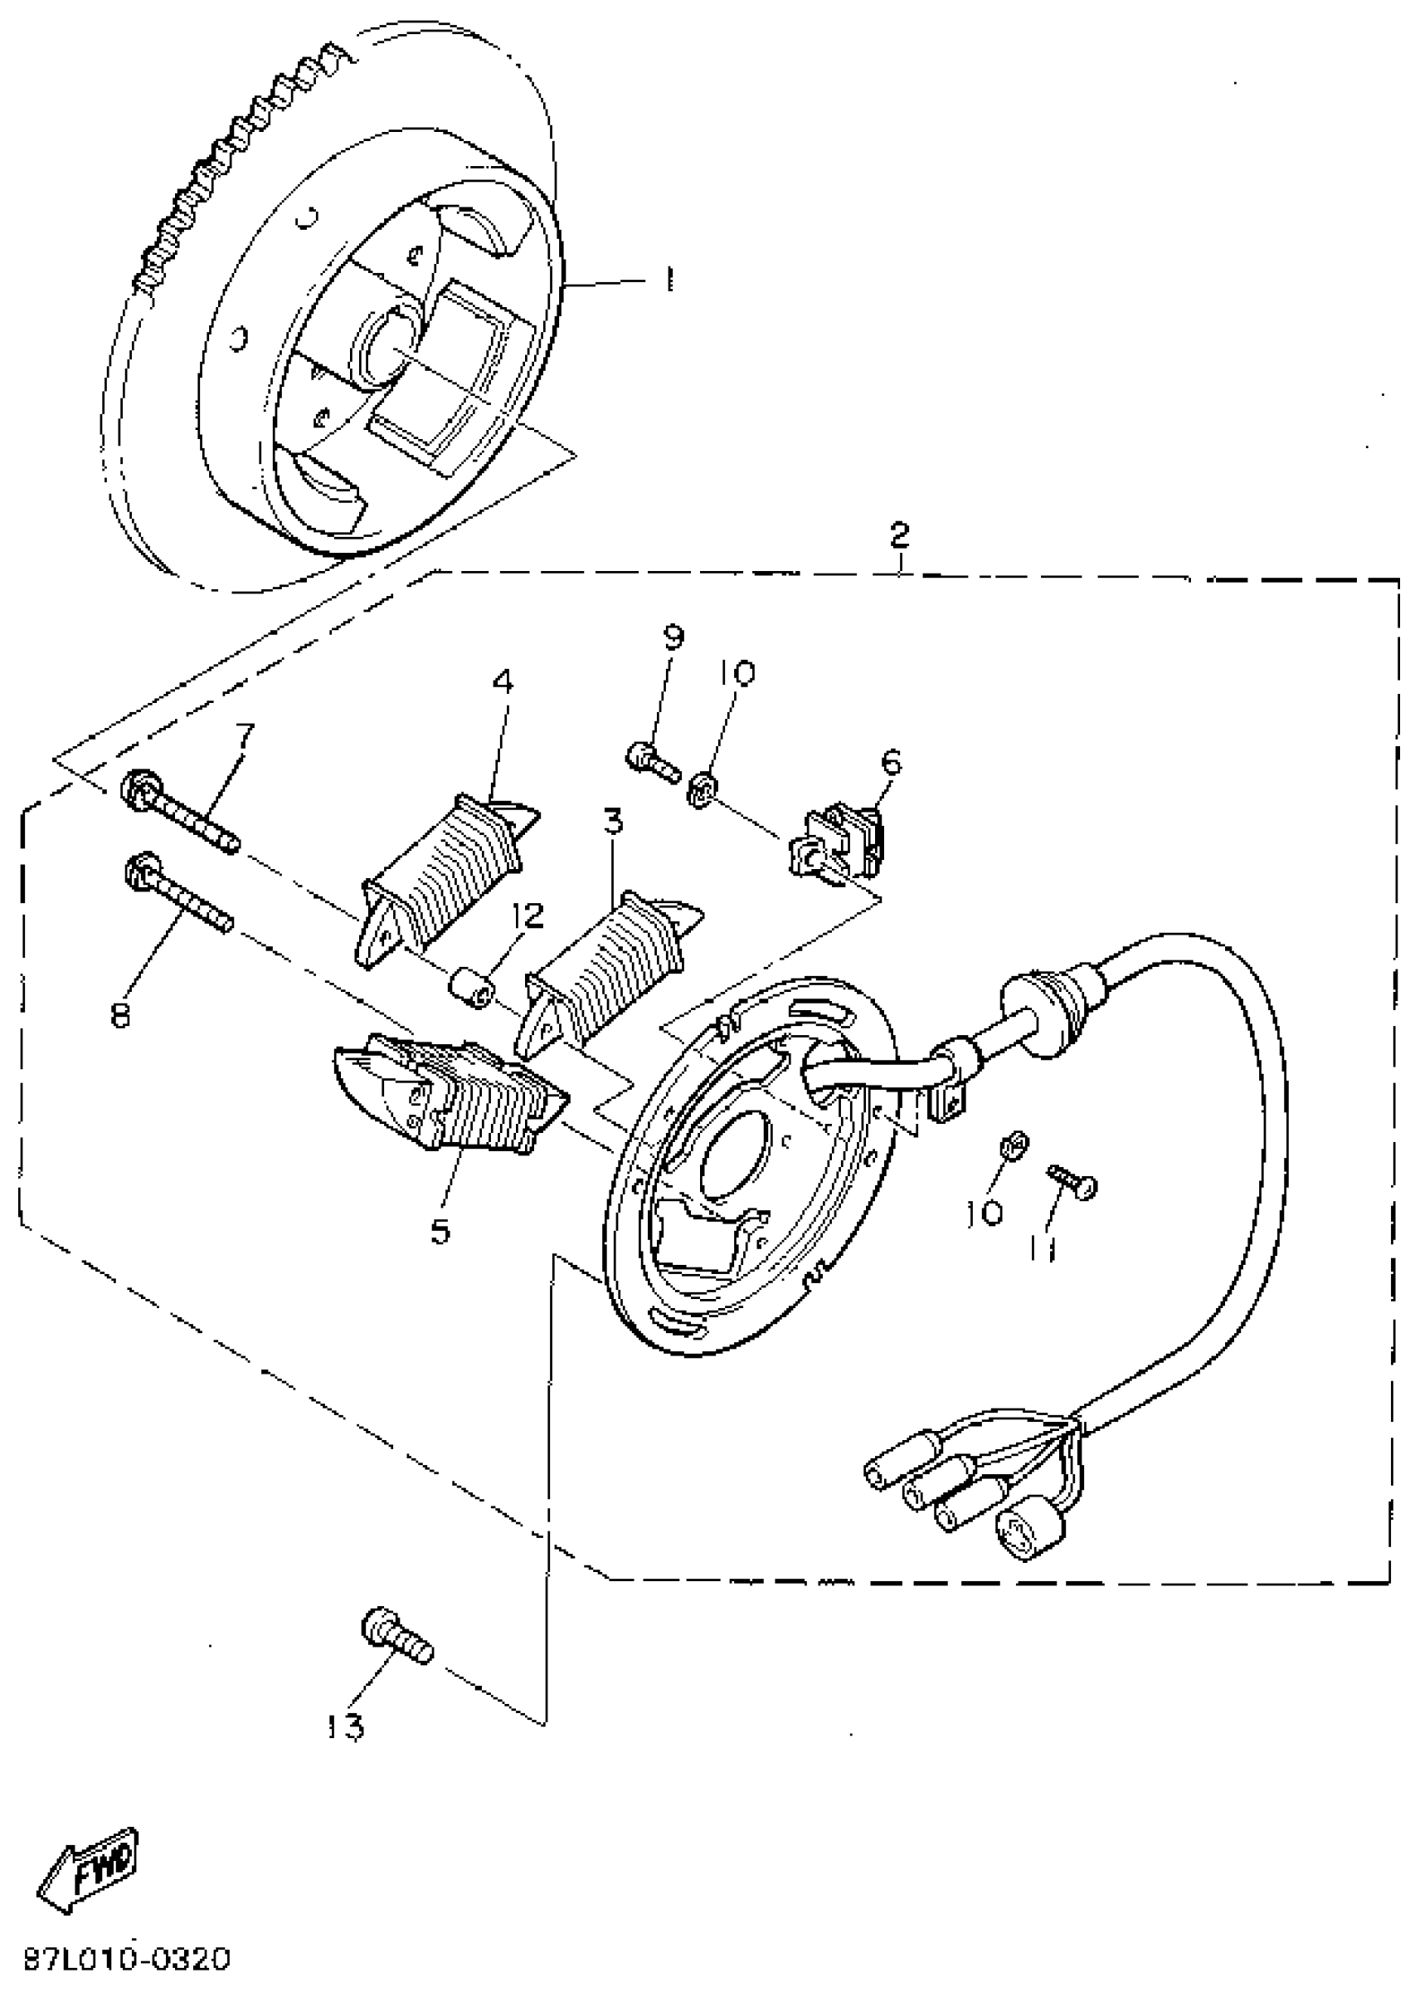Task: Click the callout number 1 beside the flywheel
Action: [669, 280]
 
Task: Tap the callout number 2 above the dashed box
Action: [899, 534]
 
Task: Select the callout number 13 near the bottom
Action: [346, 1726]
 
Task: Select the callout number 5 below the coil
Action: [440, 1232]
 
